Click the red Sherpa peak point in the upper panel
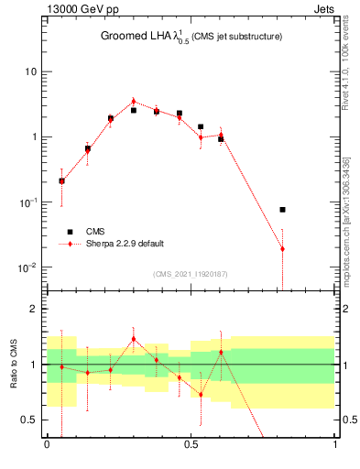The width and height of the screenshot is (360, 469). click(x=133, y=102)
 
